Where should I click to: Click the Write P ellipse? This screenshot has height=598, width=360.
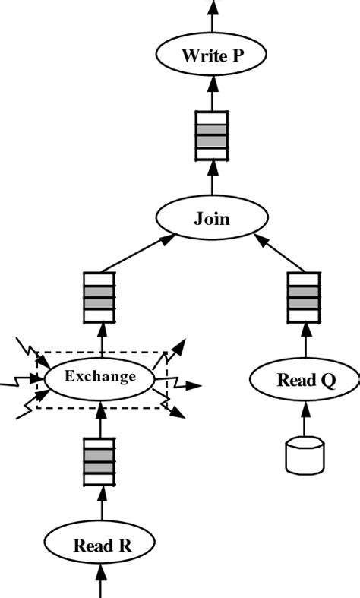212,55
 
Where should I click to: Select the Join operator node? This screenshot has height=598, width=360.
212,219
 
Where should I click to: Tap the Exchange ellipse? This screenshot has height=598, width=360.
100,376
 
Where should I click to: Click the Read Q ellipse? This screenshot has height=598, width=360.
305,380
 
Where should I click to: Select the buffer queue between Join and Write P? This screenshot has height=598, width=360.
212,134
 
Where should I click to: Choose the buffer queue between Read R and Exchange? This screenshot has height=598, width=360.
99,461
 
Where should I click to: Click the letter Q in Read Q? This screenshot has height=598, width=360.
327,381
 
